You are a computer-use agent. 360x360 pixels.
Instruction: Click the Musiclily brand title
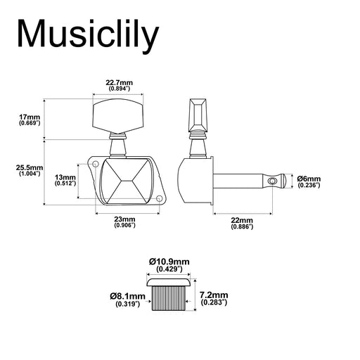coord(88,37)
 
